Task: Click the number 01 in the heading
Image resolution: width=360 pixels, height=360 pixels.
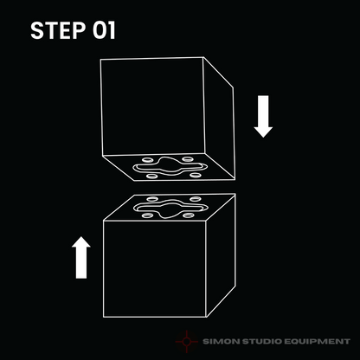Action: pyautogui.click(x=104, y=30)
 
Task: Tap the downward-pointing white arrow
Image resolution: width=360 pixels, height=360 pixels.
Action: pyautogui.click(x=263, y=116)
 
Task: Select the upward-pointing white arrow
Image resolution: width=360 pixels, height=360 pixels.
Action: pyautogui.click(x=81, y=258)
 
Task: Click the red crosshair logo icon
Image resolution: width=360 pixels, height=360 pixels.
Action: pyautogui.click(x=187, y=342)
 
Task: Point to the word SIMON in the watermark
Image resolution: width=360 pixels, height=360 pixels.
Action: pyautogui.click(x=221, y=342)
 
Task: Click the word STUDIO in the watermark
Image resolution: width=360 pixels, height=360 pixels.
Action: pyautogui.click(x=261, y=342)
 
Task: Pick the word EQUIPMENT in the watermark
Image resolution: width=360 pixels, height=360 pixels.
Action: pyautogui.click(x=317, y=342)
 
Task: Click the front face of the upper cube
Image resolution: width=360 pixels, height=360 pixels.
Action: pyautogui.click(x=152, y=106)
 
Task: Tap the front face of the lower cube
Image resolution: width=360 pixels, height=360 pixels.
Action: pyautogui.click(x=155, y=269)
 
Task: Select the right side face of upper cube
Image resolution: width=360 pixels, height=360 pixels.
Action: pyautogui.click(x=219, y=119)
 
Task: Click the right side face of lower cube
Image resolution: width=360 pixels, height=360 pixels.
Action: pyautogui.click(x=221, y=255)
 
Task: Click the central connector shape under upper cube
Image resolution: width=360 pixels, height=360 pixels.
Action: pyautogui.click(x=170, y=167)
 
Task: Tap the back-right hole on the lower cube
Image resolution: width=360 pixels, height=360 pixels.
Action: pyautogui.click(x=196, y=199)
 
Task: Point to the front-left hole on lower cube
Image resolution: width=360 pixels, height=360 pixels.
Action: pyautogui.click(x=148, y=215)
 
